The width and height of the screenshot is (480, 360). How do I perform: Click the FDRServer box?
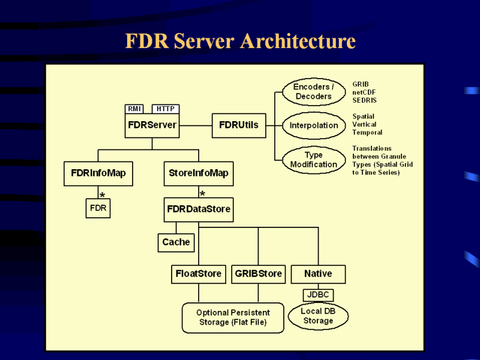(152, 125)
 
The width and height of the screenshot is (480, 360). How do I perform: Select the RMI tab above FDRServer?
(134, 109)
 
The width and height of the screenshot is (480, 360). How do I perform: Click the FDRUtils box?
(239, 125)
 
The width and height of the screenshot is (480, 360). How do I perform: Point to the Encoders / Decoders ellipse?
(313, 92)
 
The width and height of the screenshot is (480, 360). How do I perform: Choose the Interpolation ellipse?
(313, 125)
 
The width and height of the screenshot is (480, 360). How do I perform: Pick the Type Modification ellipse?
(313, 160)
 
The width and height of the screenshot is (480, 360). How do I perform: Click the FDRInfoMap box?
(98, 173)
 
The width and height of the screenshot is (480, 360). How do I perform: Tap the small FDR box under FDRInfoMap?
(98, 208)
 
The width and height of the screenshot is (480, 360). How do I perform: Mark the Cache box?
(176, 242)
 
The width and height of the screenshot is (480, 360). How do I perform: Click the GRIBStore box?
(258, 274)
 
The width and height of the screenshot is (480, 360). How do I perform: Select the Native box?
(318, 274)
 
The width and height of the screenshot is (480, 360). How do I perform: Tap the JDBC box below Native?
(318, 295)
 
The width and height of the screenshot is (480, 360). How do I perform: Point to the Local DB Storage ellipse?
(318, 316)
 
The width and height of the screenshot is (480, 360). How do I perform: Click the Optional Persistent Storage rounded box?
(233, 317)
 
